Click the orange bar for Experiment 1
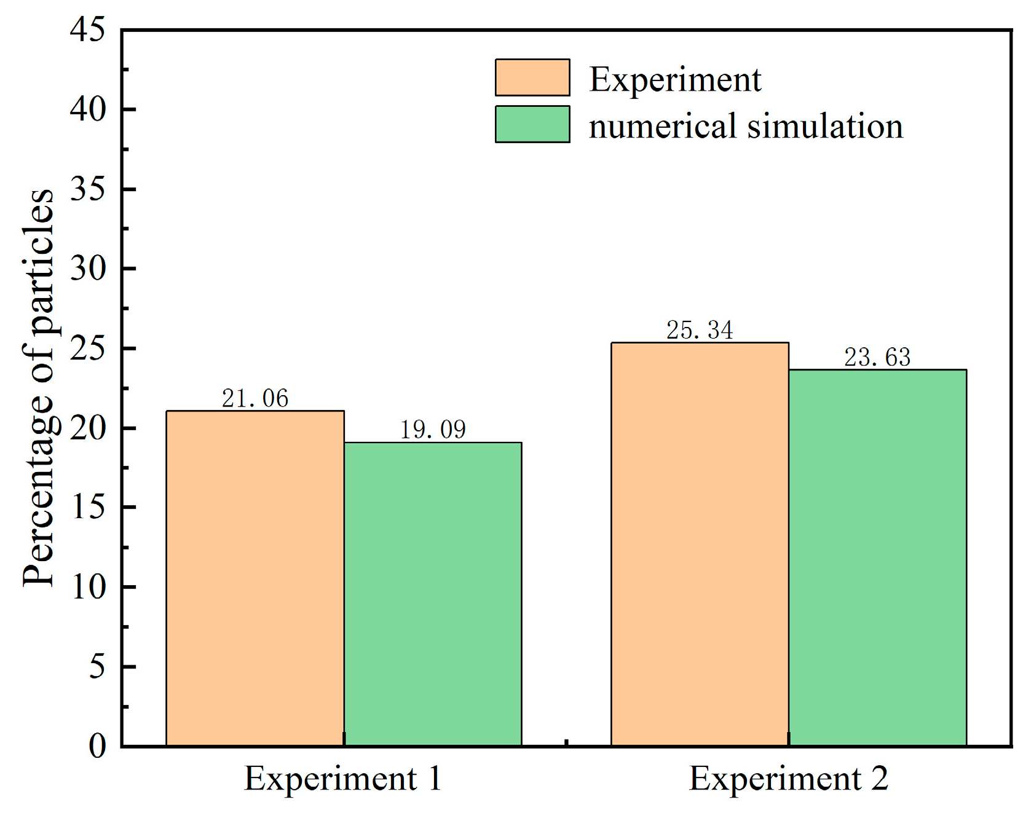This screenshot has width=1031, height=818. pos(255,578)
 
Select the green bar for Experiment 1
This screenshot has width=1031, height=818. pos(433,594)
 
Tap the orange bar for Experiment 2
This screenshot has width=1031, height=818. pos(700,544)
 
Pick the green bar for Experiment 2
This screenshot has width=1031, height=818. pos(877,557)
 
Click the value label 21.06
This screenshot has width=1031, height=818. pos(255,398)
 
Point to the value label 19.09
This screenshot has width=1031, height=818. pos(433,430)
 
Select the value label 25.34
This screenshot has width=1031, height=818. pos(700,330)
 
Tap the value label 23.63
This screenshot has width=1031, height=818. pos(877,357)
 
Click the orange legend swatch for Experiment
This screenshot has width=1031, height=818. pos(532,77)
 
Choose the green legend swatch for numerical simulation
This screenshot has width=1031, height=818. pos(532,124)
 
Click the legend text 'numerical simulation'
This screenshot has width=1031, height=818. pos(746,126)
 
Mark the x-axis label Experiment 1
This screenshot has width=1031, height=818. pos(343,779)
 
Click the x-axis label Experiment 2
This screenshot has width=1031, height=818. pos(789,779)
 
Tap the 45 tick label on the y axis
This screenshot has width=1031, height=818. pos(87,29)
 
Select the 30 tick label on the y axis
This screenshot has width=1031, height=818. pos(87,269)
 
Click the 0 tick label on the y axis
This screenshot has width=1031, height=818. pos(97,746)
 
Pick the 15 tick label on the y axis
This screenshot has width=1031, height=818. pos(87,507)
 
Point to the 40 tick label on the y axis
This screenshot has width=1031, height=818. pos(87,109)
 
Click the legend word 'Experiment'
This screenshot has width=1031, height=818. pos(675,80)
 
